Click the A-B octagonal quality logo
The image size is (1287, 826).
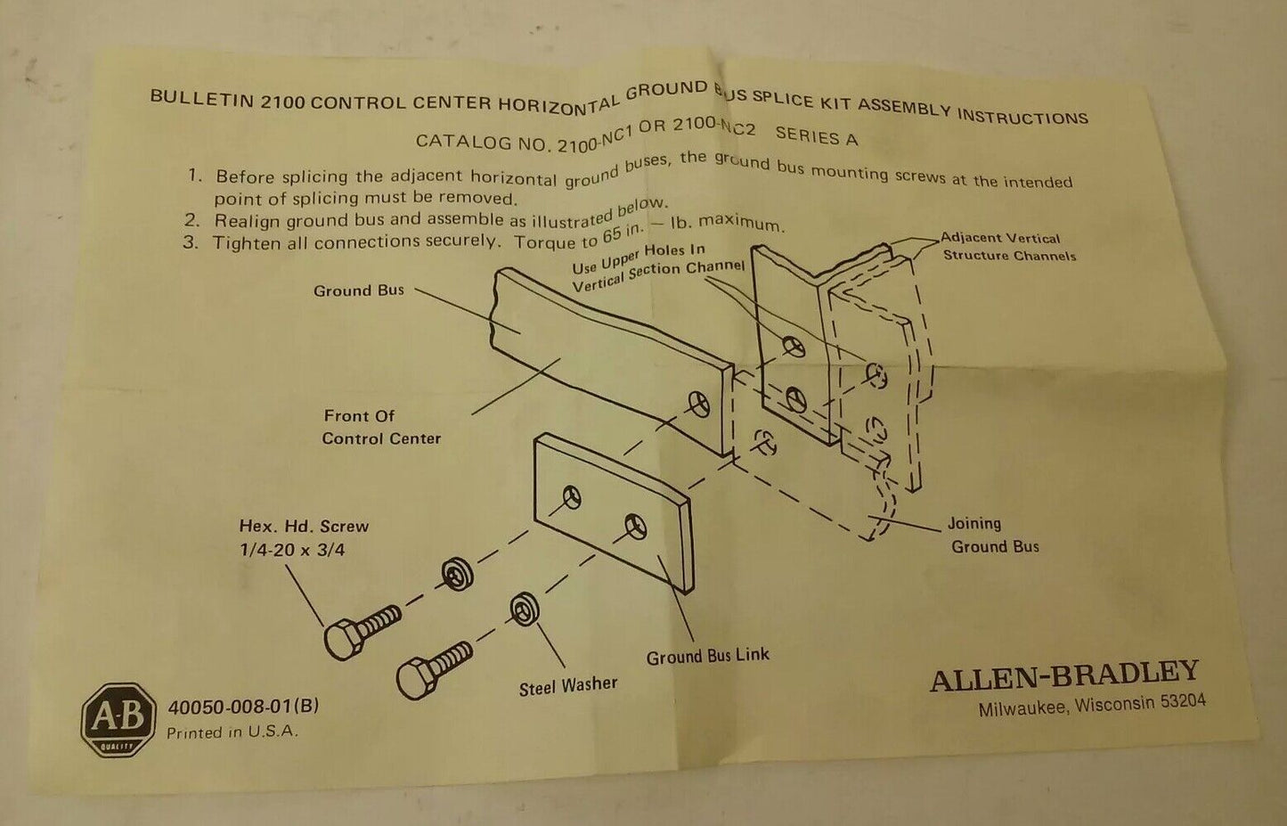point(118,719)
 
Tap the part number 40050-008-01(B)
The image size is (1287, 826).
point(243,707)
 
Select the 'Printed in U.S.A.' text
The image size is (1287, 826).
point(232,732)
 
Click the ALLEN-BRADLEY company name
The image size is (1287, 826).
point(1064,676)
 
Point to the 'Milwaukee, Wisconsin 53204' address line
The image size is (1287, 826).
point(1092,706)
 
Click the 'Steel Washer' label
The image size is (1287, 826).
point(568,686)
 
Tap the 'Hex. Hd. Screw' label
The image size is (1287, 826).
point(303,527)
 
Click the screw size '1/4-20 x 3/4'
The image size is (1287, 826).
point(292,550)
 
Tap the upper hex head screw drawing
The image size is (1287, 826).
point(361,629)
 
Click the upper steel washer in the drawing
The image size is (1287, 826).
point(457,574)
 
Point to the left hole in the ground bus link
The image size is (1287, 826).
point(571,496)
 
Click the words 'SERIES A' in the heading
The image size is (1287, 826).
point(816,136)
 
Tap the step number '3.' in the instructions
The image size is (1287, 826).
point(191,241)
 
